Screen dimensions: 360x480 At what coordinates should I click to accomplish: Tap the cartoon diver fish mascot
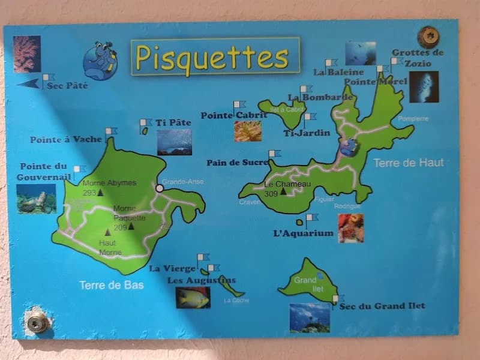pyautogui.click(x=98, y=60)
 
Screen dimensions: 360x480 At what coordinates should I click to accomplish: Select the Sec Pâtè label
pyautogui.click(x=67, y=86)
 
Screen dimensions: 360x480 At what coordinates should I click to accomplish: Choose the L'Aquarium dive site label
pyautogui.click(x=303, y=233)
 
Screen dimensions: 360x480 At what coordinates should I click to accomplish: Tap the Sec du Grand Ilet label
pyautogui.click(x=382, y=307)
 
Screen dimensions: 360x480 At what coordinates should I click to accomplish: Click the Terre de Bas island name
pyautogui.click(x=112, y=286)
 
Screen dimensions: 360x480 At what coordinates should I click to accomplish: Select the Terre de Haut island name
pyautogui.click(x=409, y=163)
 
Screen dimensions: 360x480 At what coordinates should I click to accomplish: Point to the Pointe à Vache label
pyautogui.click(x=66, y=140)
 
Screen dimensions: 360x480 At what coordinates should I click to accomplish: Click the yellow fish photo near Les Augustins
pyautogui.click(x=193, y=298)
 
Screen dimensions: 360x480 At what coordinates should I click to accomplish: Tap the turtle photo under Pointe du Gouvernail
pyautogui.click(x=36, y=199)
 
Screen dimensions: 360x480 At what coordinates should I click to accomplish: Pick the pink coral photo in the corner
pyautogui.click(x=27, y=54)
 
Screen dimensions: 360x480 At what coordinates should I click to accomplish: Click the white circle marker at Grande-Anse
pyautogui.click(x=160, y=188)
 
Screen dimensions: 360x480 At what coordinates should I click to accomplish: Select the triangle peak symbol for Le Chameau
pyautogui.click(x=283, y=191)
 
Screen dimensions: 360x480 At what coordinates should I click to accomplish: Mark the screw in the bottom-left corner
pyautogui.click(x=37, y=322)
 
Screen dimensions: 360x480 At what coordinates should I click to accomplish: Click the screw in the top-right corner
pyautogui.click(x=428, y=36)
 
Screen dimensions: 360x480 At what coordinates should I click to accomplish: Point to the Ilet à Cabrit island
pyautogui.click(x=281, y=112)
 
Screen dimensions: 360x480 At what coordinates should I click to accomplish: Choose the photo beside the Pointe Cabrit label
pyautogui.click(x=248, y=131)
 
